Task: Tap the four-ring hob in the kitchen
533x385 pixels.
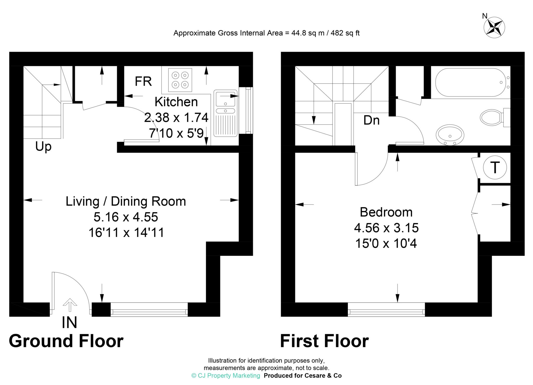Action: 180,80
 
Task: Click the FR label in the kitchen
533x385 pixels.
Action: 143,81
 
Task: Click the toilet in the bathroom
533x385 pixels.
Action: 495,117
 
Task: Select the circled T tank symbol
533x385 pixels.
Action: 495,167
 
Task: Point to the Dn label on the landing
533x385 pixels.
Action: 371,120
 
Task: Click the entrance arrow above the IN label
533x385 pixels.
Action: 70,305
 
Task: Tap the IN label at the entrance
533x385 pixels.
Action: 69,323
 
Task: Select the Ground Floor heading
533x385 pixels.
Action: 66,341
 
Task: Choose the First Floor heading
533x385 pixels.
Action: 324,341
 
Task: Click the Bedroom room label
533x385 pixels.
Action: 386,212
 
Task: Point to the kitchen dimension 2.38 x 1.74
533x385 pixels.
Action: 176,118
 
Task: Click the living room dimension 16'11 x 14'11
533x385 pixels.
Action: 126,233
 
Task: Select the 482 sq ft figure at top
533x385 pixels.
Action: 345,33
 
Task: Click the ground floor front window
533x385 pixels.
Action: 149,310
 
